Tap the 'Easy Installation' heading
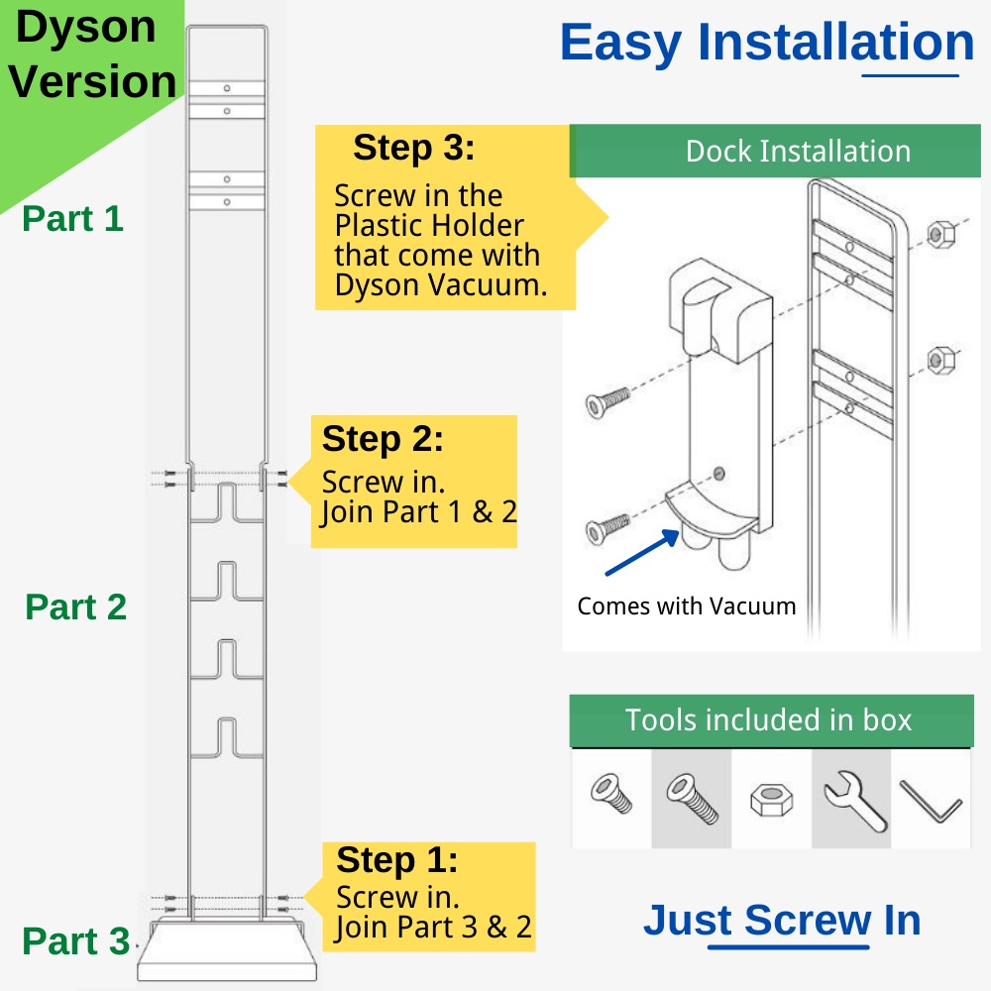(767, 43)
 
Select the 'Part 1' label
(73, 218)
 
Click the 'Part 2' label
(76, 606)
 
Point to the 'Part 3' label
(75, 940)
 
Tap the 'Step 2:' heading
(383, 438)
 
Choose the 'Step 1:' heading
(396, 859)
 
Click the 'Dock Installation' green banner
(775, 152)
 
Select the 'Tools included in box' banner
(769, 720)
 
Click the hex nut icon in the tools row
(771, 799)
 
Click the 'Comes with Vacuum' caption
(687, 606)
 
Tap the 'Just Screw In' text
(782, 921)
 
